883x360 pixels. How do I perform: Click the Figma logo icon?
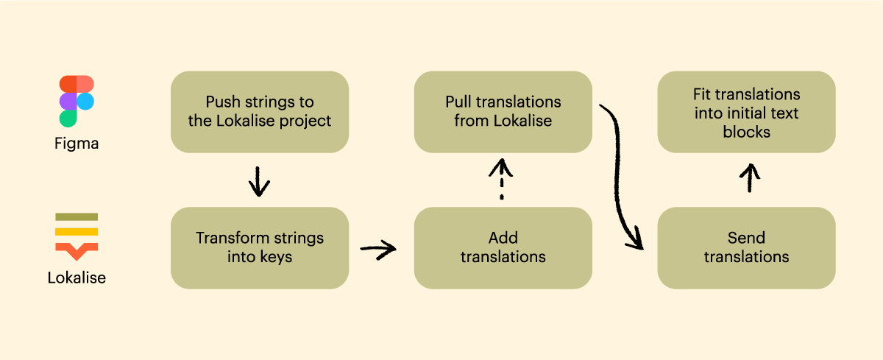(77, 101)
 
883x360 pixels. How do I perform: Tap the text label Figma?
(77, 144)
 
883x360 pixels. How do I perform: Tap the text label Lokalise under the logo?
(77, 278)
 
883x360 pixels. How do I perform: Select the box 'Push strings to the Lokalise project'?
(260, 112)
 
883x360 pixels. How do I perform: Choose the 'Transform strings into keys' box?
(260, 247)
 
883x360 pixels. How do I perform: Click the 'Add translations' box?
(503, 247)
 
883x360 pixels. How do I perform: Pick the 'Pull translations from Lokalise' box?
(503, 112)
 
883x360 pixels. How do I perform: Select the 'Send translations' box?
(746, 247)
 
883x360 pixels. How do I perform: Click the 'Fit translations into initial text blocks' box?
(746, 112)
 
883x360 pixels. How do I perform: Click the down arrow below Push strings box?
(258, 181)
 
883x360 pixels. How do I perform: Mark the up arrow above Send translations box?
(749, 178)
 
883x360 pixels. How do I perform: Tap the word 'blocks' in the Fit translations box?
(746, 132)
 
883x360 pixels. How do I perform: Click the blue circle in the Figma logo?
(86, 101)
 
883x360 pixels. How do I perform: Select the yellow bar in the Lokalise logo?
(77, 231)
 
